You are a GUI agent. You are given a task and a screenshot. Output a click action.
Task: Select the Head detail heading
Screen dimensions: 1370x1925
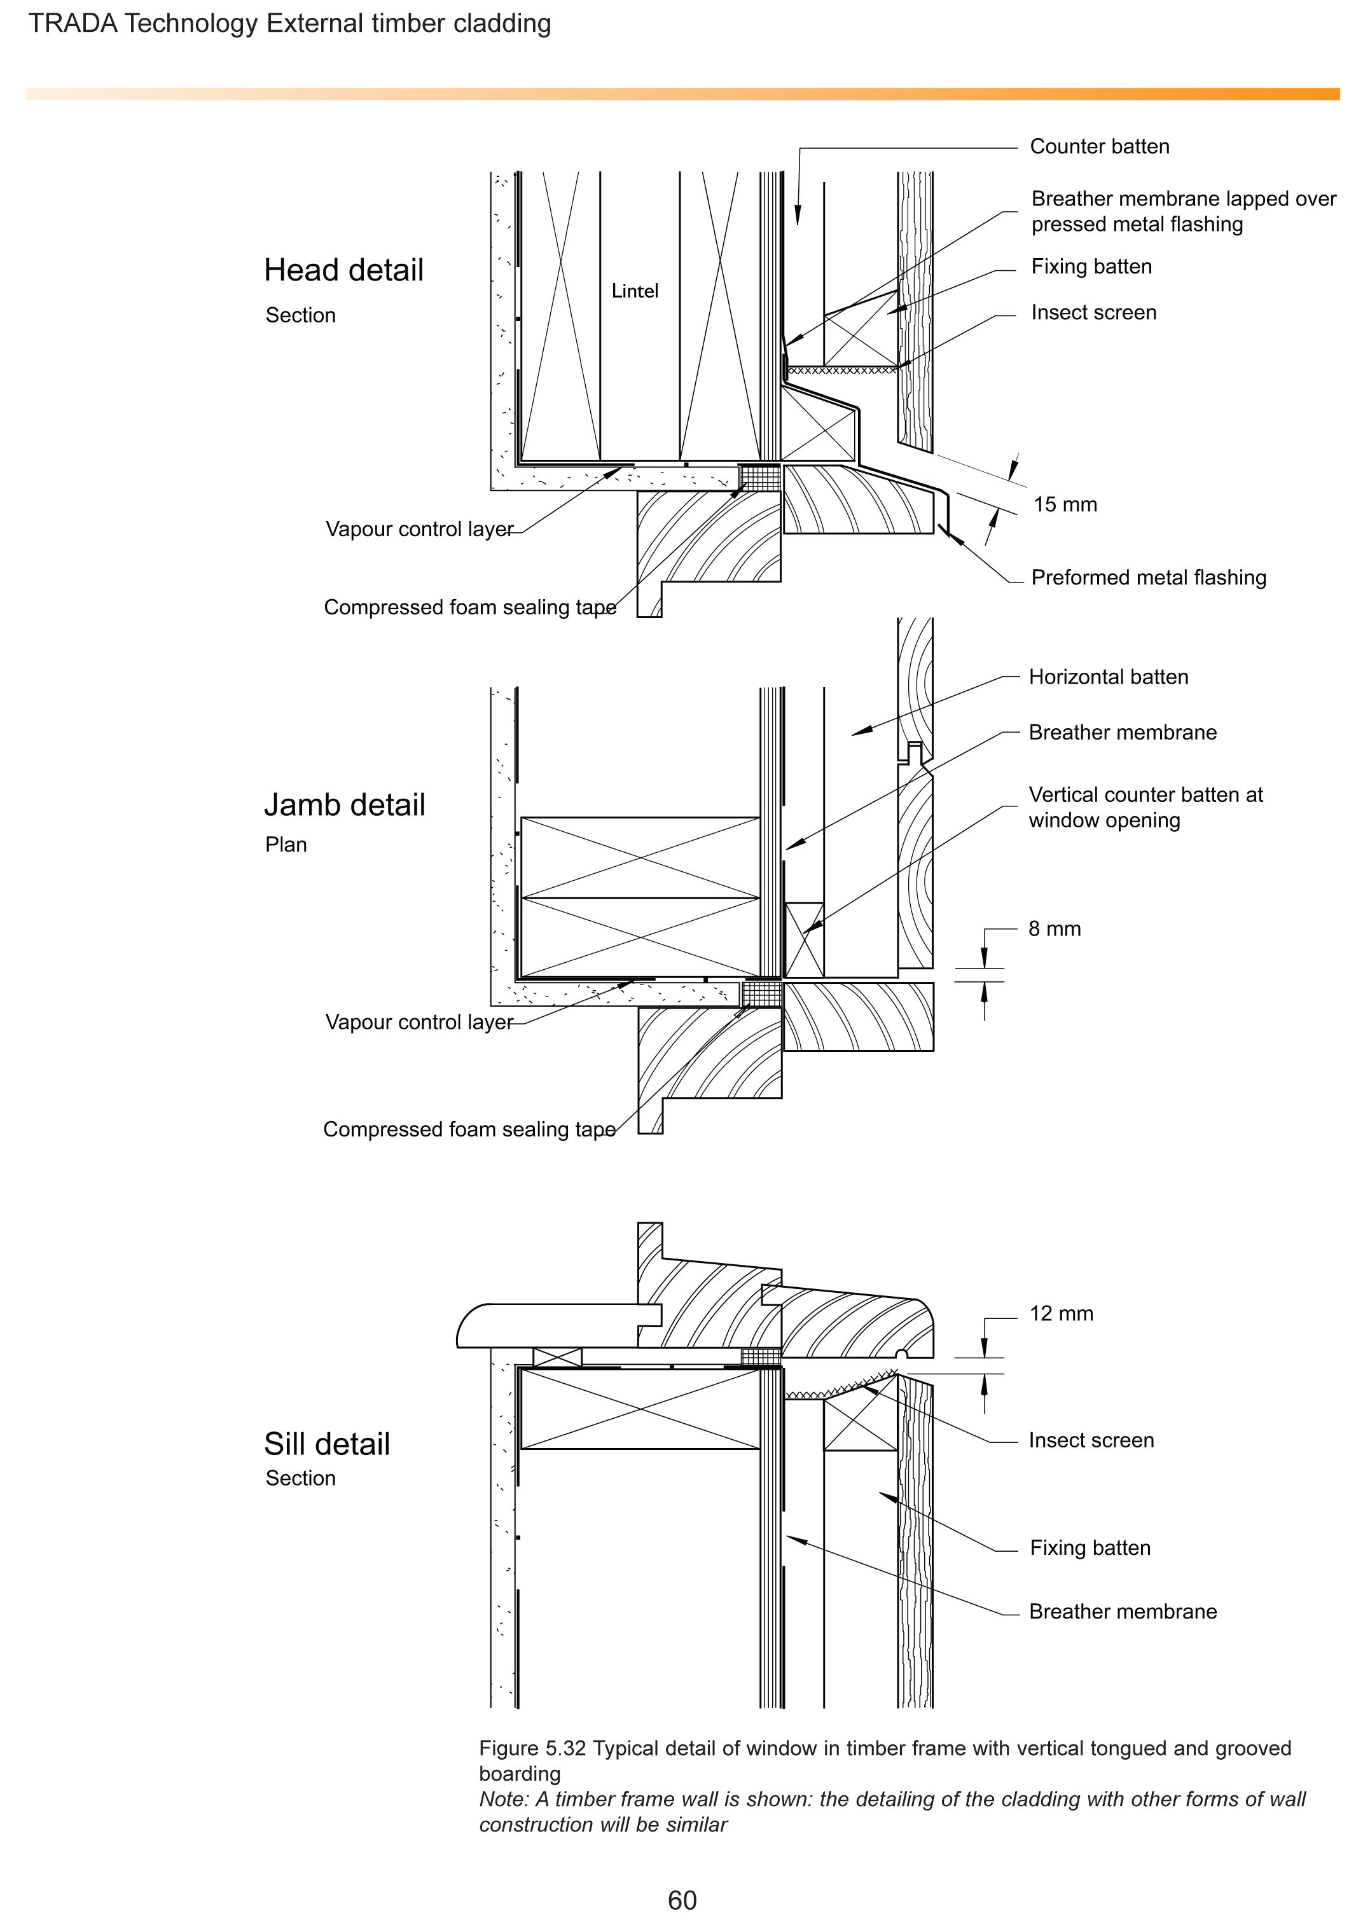343,270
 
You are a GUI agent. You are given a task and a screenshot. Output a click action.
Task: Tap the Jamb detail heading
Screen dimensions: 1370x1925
344,804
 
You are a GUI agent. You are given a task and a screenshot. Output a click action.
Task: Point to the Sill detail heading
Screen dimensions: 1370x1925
326,1444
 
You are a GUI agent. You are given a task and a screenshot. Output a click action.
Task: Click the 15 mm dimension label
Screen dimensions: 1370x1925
1065,504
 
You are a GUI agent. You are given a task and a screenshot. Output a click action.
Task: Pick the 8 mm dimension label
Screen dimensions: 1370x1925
1055,928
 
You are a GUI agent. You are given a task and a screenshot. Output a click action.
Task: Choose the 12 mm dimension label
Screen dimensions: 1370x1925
1062,1313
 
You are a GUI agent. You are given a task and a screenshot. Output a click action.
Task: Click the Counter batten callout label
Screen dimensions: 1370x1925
1100,147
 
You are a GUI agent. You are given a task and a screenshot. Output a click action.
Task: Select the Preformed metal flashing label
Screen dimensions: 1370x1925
1149,578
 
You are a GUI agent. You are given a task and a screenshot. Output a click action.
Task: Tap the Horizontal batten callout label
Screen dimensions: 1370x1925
1109,677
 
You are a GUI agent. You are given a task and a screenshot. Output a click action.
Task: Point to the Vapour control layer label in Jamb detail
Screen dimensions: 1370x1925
419,1023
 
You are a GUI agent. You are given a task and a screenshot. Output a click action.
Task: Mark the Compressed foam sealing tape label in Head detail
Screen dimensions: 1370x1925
470,607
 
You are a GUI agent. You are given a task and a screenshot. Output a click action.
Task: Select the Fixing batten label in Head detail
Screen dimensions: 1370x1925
1091,266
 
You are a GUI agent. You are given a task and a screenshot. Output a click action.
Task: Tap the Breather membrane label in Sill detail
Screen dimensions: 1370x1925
1123,1611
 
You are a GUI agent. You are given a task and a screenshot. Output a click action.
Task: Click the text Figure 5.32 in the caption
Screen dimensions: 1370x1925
532,1749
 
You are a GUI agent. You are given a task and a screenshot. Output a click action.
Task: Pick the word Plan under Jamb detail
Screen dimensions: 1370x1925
286,845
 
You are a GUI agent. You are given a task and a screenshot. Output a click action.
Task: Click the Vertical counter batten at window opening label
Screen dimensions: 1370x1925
1145,807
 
